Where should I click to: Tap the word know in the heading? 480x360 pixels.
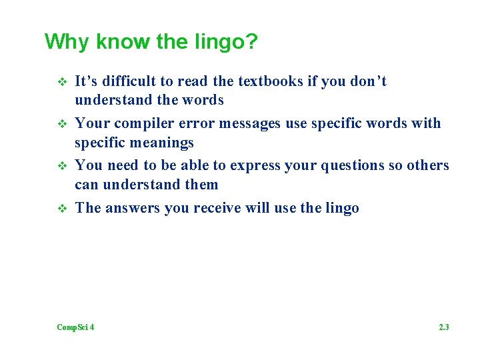pos(123,43)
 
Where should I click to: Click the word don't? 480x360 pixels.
pos(368,81)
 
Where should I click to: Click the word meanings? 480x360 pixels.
pos(162,143)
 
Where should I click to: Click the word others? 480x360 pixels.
pos(426,165)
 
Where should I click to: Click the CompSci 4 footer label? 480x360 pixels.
pos(75,327)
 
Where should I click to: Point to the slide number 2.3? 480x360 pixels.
pos(444,327)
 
